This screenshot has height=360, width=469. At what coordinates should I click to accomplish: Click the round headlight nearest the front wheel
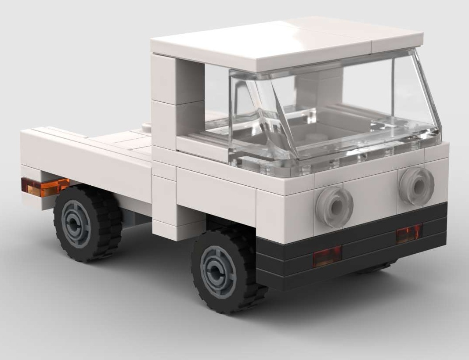point(334,206)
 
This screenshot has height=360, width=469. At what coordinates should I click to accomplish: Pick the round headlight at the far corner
point(417,186)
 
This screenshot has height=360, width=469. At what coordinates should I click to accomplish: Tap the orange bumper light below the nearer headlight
point(327,256)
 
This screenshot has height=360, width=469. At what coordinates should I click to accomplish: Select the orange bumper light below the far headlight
point(409,233)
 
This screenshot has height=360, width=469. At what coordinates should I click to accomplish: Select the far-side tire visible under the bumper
point(378,267)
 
